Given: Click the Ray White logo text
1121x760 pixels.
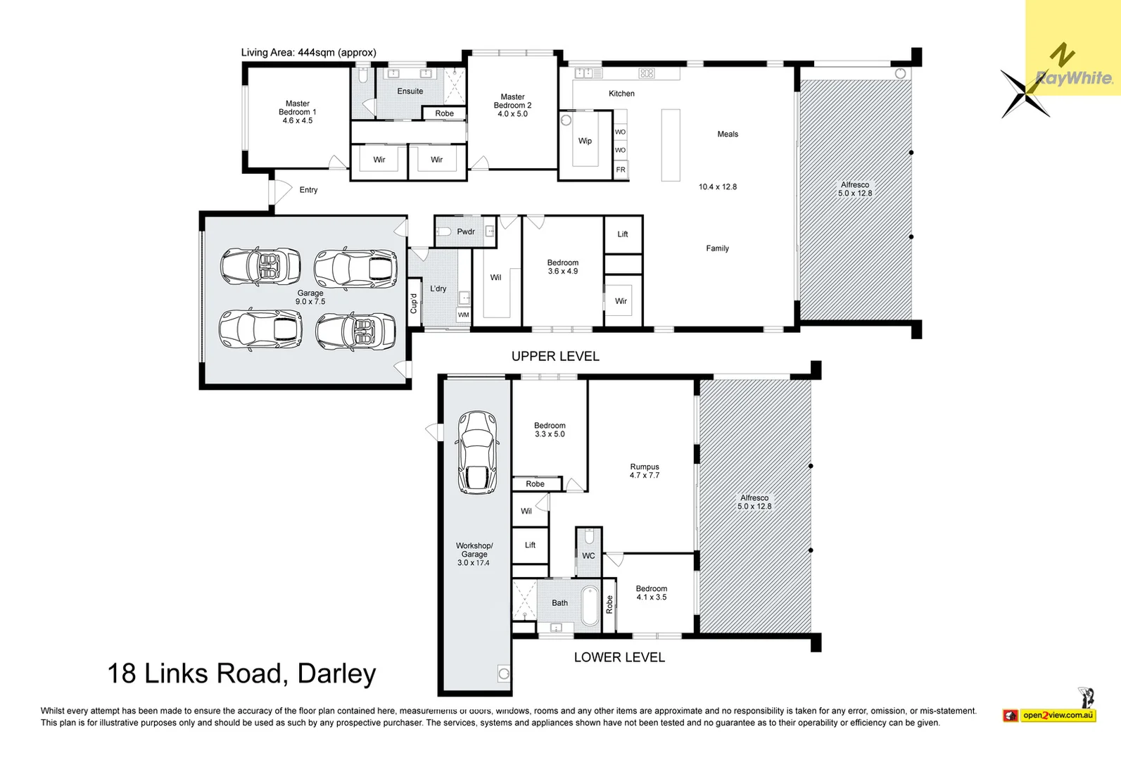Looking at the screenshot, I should coord(1075,77).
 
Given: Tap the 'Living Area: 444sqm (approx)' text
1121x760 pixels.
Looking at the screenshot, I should coord(308,52).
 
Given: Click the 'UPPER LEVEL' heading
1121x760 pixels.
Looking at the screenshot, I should coord(555,356).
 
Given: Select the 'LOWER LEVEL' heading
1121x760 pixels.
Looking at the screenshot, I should coord(619,657).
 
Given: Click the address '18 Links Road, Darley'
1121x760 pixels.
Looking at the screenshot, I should coord(241,673).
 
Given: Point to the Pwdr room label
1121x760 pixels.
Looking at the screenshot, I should coord(466,232).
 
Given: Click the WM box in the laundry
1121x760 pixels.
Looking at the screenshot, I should coord(464,315).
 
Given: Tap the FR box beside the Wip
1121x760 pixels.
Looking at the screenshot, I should coord(621,170).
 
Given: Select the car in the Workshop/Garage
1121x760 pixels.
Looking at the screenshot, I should coord(477,452).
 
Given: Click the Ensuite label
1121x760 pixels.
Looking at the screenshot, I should coord(410,91).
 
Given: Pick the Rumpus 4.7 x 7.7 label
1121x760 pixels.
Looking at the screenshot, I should coord(645,471).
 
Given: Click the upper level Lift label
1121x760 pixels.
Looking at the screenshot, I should coord(623,234).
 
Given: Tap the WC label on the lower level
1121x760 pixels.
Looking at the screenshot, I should coord(588,556).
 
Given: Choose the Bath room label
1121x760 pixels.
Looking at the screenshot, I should coord(559,603).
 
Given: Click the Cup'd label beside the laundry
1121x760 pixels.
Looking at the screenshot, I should coord(414,303).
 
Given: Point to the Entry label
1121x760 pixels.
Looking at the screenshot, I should coord(308,190).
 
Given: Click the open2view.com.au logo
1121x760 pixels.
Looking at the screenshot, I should coord(1057,715).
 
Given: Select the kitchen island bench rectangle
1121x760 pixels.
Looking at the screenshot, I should coord(671,145).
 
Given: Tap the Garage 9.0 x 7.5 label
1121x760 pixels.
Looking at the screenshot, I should coord(310,297).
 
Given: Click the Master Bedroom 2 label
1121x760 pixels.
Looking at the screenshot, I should coord(512,106).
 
